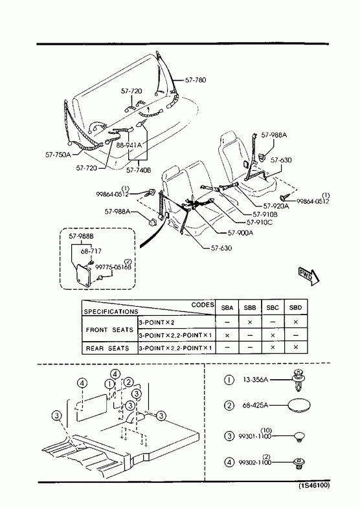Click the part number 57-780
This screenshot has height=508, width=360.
tap(196, 80)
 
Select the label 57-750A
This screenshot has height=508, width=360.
tap(58, 155)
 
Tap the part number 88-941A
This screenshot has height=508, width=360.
tap(129, 145)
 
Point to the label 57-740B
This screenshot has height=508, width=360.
tap(139, 170)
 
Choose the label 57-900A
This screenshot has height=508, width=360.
tap(241, 232)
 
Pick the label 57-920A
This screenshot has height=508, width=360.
tap(276, 206)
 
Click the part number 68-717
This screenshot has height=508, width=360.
tap(91, 251)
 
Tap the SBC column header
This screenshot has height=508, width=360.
tap(273, 307)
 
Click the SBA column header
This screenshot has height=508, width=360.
tap(227, 307)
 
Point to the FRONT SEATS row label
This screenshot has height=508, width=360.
tap(109, 330)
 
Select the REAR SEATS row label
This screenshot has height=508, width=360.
tap(107, 348)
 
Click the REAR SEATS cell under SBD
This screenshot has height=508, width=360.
tap(295, 348)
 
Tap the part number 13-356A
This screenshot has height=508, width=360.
tap(255, 380)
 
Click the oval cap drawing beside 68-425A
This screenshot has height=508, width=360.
tap(298, 405)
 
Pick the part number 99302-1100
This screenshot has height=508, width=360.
tap(254, 462)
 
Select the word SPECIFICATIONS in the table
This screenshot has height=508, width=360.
tap(111, 312)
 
